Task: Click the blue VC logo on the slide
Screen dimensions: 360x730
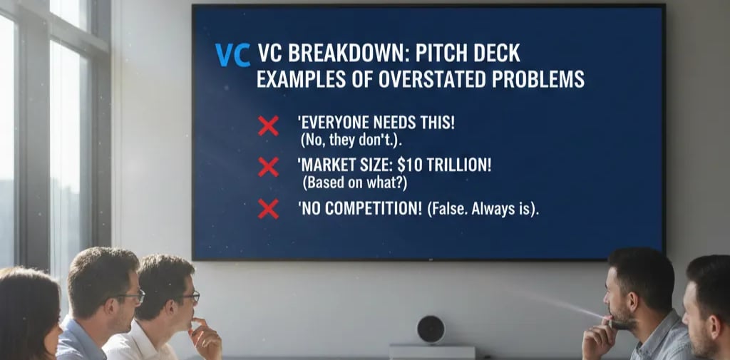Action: pyautogui.click(x=232, y=55)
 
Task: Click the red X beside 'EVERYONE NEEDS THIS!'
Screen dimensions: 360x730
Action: pyautogui.click(x=268, y=126)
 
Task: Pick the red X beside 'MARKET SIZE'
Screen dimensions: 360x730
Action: pyautogui.click(x=268, y=168)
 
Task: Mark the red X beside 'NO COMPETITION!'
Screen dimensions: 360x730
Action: pyautogui.click(x=268, y=209)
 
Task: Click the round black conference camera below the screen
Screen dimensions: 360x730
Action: pyautogui.click(x=431, y=329)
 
